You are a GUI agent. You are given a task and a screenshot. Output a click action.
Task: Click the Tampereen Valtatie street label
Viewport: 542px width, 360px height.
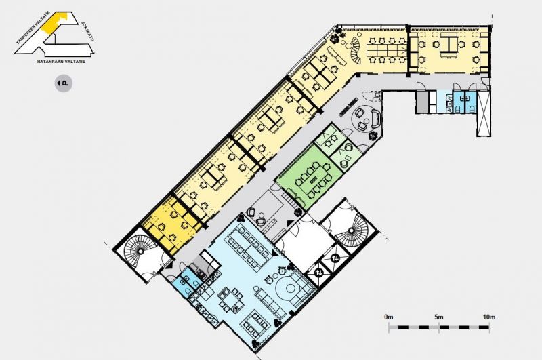(33, 28)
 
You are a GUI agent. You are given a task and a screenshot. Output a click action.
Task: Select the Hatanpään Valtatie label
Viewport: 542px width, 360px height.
(61, 62)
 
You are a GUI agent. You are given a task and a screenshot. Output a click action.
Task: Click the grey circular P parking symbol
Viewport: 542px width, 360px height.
(64, 83)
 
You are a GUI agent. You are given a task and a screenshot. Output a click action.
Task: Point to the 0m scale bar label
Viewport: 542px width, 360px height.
(388, 317)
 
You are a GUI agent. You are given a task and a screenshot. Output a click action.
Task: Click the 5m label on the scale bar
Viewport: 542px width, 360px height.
(439, 317)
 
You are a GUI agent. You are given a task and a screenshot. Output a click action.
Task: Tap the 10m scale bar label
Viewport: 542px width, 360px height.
(489, 317)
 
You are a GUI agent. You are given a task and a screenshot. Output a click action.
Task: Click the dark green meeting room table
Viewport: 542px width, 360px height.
(314, 180)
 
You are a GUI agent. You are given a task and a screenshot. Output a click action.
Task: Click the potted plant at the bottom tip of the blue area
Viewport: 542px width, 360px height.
(255, 344)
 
